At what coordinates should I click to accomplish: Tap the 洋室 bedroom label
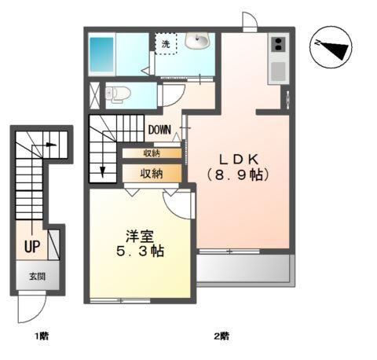pos(141,235)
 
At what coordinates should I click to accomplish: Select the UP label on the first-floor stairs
pos(31,247)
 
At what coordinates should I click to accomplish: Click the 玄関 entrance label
pos(37,277)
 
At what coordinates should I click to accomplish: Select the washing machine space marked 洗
pos(166,44)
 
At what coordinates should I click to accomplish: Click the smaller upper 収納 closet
pos(152,153)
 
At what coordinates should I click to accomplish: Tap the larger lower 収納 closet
pos(152,173)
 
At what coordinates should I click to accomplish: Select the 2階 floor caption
pos(221,336)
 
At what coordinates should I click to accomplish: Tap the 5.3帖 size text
pos(141,252)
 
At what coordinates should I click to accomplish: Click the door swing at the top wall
pos(248,22)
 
